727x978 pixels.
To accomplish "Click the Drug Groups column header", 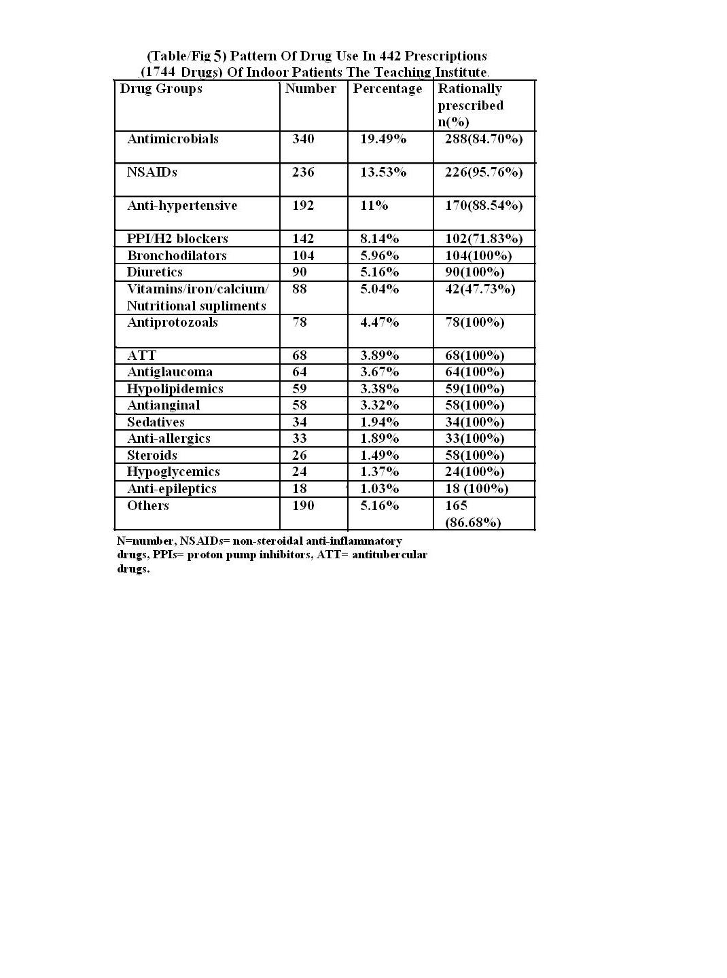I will [161, 89].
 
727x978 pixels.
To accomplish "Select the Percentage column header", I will [387, 89].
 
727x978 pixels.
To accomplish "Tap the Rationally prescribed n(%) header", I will [470, 105].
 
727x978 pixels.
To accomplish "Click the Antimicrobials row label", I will [173, 139].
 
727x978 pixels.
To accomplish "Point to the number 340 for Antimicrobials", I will [303, 139].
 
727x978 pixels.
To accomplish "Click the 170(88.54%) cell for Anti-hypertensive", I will [484, 206].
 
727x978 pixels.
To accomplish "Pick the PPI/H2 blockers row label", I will [177, 239].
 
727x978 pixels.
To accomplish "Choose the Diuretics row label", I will [154, 272].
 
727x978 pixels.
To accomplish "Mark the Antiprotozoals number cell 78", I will [300, 323].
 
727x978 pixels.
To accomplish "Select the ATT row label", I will [141, 356].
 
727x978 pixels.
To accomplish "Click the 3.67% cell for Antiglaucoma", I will [379, 372].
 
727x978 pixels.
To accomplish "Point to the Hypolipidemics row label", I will [175, 389].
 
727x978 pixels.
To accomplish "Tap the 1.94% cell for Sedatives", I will [379, 422].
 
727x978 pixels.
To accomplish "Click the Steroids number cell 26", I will [300, 456].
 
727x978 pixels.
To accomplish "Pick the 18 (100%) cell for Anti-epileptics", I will [476, 489].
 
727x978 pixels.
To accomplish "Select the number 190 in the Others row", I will [303, 506].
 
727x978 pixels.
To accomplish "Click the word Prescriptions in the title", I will [446, 56].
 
